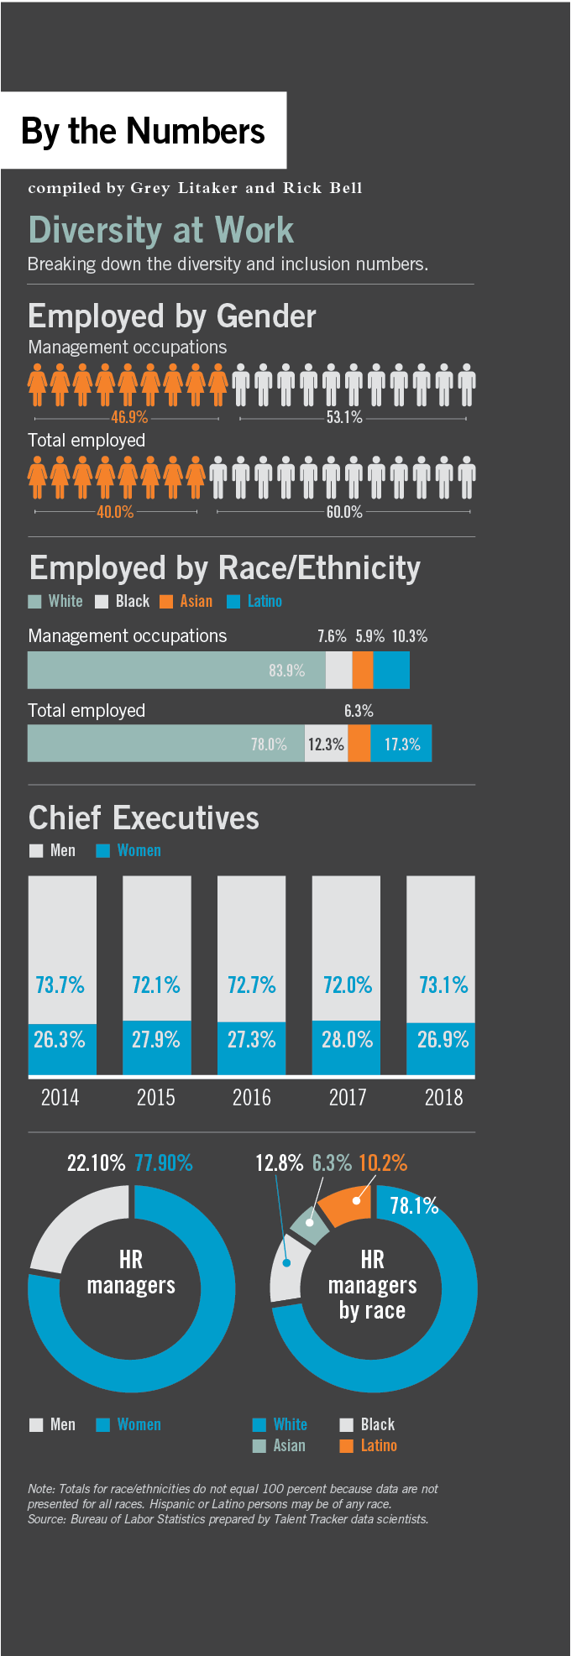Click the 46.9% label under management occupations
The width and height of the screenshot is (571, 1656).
tap(129, 417)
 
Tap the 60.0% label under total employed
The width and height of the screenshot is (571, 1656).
tap(344, 511)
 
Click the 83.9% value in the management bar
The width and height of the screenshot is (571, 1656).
tap(286, 670)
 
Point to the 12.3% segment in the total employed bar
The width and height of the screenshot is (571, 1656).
tap(326, 744)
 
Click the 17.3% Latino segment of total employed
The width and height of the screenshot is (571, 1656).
tap(402, 744)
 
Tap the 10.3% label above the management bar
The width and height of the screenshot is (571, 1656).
tap(409, 635)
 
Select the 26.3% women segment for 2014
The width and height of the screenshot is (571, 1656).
tap(60, 1039)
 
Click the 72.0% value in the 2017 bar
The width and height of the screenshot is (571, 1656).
tap(347, 985)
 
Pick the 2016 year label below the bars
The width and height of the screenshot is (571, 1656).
tap(251, 1097)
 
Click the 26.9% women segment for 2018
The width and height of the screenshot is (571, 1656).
tap(443, 1039)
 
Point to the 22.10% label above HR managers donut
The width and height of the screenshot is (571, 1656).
tap(96, 1162)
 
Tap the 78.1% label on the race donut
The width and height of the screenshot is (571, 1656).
tap(414, 1205)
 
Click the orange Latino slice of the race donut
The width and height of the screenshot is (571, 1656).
tap(346, 1205)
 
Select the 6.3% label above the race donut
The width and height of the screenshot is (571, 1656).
tap(332, 1162)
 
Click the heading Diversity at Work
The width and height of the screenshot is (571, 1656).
tap(160, 230)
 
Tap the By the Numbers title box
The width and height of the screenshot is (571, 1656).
tap(143, 131)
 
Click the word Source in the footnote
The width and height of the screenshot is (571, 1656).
tap(46, 1518)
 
